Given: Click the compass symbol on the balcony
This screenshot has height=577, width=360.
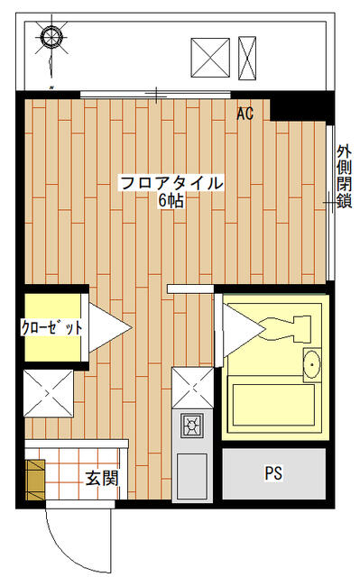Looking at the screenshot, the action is (51, 37).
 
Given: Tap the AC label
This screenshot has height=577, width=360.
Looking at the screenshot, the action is (245, 114).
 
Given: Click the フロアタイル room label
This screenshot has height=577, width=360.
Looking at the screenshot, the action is (171, 183).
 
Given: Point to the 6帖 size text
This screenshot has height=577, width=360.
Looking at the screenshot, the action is (171, 201).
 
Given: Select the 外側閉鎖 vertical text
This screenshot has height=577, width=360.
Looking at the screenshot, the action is (344, 177).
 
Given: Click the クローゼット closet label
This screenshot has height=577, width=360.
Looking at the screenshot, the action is (51, 327).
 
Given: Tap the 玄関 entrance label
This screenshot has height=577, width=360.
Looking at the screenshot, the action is (102, 478).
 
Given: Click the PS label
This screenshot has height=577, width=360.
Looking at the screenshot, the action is (274, 473).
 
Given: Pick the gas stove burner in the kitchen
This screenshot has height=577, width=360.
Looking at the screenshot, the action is (192, 426).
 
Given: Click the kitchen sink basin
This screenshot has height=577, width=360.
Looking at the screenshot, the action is (192, 476).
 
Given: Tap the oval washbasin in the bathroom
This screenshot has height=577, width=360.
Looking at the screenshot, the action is (312, 365).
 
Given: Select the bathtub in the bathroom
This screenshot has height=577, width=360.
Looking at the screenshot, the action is (273, 405).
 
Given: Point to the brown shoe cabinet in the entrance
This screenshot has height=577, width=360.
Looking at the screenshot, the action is (35, 480).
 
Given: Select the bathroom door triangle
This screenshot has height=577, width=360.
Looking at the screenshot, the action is (244, 331).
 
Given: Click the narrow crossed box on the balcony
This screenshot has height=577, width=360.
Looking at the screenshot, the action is (247, 58).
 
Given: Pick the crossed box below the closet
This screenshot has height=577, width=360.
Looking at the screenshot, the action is (49, 393).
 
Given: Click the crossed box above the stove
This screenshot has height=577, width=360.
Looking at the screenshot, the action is (193, 389).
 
